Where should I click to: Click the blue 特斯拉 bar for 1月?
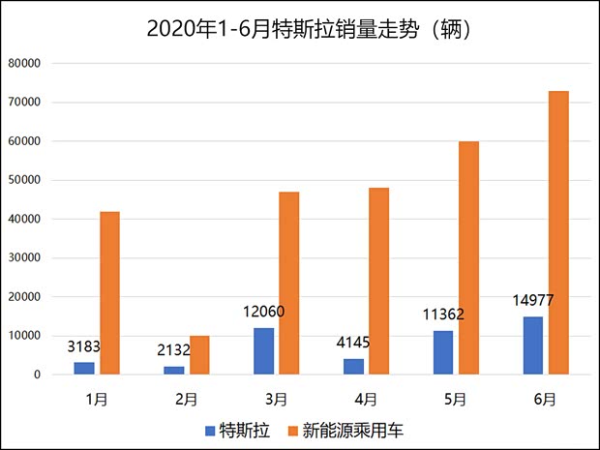click(84, 369)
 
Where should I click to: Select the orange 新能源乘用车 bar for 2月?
click(199, 355)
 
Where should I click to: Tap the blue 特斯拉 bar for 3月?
click(263, 351)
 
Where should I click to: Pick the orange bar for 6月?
click(558, 232)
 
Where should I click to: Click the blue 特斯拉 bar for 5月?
click(443, 352)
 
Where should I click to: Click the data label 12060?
click(263, 312)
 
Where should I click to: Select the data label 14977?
click(533, 300)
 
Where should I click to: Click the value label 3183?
click(84, 345)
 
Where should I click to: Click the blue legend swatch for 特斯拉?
click(210, 429)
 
